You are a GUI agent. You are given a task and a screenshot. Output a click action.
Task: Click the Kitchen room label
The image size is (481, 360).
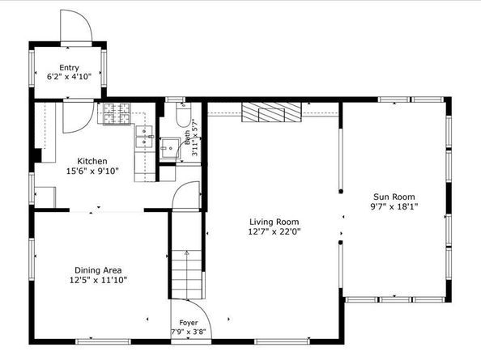pos(92,161)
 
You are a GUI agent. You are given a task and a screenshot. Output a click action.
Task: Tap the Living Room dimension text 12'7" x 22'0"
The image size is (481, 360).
pos(275,231)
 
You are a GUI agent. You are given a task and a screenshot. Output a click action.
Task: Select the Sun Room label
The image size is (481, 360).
pos(394,197)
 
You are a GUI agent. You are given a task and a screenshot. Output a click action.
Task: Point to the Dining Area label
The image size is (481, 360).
pos(98,270)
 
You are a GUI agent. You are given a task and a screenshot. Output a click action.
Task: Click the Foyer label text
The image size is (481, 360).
pos(189,323)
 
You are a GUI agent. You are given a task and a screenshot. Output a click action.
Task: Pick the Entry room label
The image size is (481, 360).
pos(69,68)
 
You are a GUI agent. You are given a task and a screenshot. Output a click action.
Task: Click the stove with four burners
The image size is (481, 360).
pos(117,114)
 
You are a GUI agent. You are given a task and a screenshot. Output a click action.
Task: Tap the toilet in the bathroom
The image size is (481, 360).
pos(184,115)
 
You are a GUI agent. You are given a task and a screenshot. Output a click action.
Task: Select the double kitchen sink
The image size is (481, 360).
pos(144,137)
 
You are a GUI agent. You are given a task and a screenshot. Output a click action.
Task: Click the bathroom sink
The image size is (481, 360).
pos(170,148)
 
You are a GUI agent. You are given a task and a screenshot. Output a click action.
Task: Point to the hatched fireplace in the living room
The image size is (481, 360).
pos(271,112)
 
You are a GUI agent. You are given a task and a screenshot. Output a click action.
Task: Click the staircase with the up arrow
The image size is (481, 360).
pos(186,274)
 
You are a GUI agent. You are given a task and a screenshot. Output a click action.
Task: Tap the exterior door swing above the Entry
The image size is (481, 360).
pos(76,28)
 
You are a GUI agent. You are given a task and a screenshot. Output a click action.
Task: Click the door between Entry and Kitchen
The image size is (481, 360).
pos(79,116)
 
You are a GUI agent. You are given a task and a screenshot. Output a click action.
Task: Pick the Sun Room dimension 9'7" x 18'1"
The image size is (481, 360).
pos(394,206)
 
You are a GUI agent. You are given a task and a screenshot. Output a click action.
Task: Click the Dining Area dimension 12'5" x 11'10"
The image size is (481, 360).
pos(98,280)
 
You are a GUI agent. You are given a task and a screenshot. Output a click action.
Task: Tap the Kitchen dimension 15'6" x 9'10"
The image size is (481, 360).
pos(92,171)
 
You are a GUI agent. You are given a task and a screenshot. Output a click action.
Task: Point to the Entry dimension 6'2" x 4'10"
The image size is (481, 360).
pos(69,77)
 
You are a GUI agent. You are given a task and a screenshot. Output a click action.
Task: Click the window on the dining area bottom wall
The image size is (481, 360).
pos(104,341)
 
